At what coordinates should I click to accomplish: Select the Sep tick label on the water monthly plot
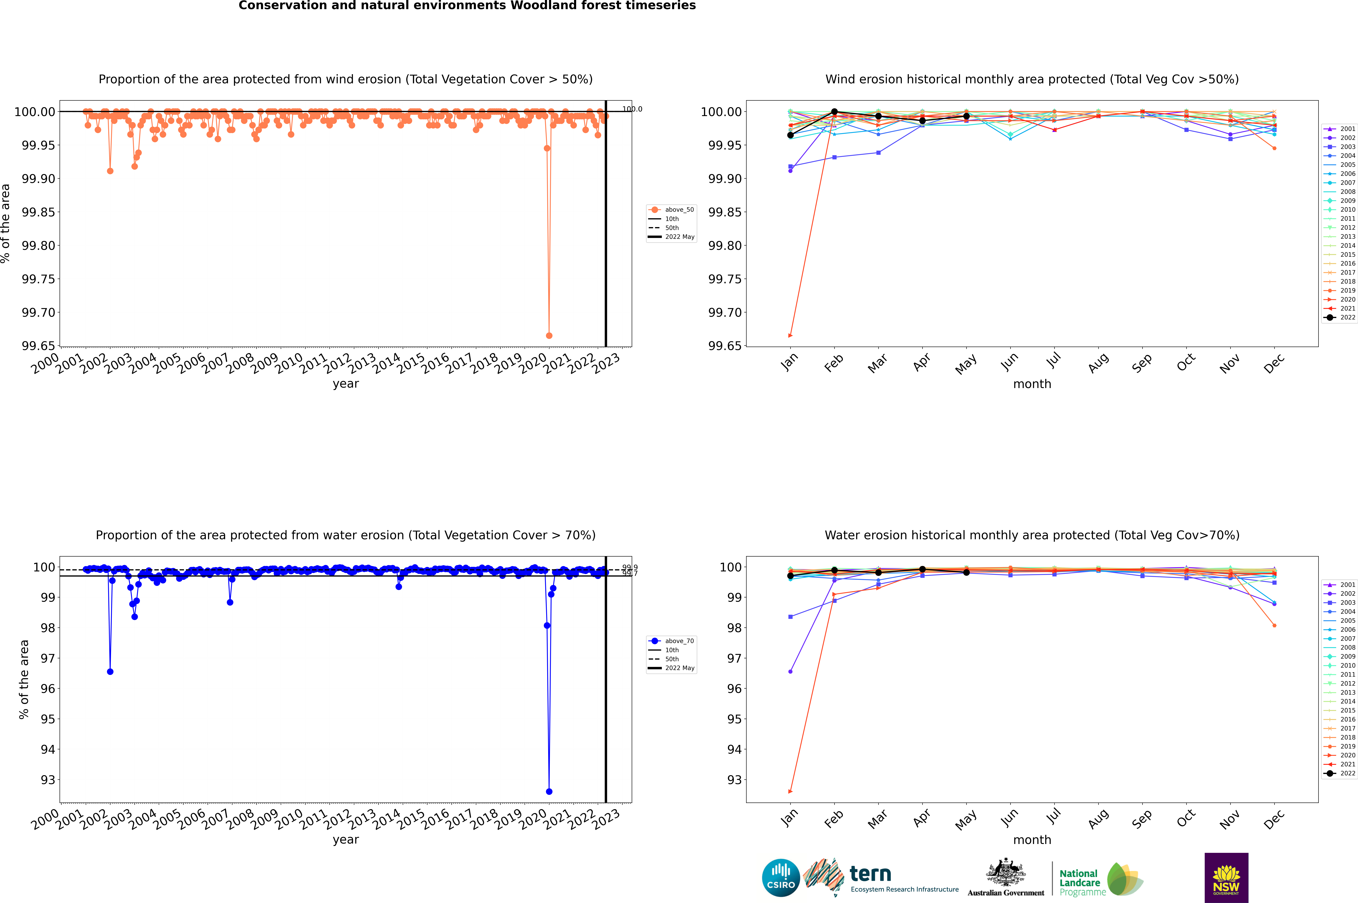[1142, 819]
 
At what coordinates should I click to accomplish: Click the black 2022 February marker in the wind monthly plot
[834, 112]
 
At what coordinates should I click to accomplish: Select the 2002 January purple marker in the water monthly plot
[790, 671]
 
